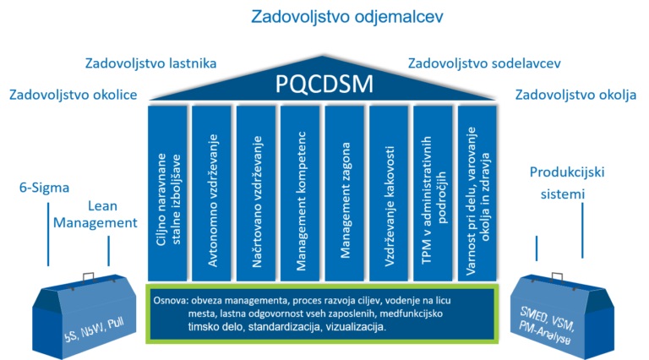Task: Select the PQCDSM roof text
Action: [x=323, y=85]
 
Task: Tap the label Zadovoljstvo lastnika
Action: [x=151, y=63]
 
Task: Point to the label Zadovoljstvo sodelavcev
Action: [x=484, y=63]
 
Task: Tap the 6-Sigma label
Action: [x=44, y=187]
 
